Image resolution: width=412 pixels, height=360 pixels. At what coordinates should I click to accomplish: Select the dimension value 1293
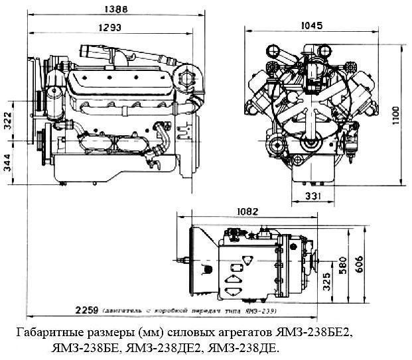coord(111,28)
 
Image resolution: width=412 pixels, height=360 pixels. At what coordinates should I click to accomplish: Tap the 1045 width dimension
coord(310,26)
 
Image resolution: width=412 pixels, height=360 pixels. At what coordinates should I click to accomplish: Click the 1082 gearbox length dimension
coord(247,211)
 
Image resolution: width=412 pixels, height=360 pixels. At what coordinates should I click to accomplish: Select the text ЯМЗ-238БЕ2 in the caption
coord(322,331)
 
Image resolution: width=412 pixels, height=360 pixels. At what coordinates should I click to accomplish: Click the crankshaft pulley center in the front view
coord(309,144)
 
